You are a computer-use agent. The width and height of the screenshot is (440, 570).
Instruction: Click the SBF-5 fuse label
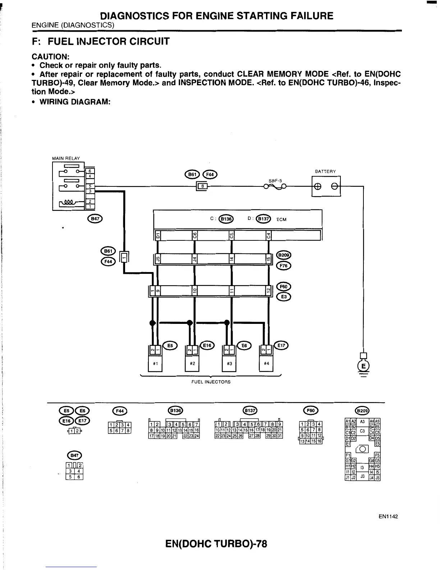pyautogui.click(x=275, y=181)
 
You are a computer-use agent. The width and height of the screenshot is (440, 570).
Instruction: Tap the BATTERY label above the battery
pyautogui.click(x=325, y=171)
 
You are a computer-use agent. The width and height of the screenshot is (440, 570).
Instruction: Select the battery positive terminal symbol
pyautogui.click(x=318, y=186)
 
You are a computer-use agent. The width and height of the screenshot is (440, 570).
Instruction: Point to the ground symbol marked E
pyautogui.click(x=364, y=366)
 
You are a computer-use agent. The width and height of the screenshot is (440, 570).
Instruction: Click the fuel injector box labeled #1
pyautogui.click(x=156, y=363)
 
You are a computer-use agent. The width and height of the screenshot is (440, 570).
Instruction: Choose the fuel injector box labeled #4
pyautogui.click(x=266, y=363)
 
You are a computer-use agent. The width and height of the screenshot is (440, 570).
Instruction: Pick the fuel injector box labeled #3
pyautogui.click(x=229, y=363)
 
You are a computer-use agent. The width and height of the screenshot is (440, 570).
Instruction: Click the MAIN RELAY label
pyautogui.click(x=66, y=158)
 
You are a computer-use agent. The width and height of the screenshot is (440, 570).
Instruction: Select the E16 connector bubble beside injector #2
pyautogui.click(x=207, y=345)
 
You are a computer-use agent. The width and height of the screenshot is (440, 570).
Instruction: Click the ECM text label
pyautogui.click(x=281, y=220)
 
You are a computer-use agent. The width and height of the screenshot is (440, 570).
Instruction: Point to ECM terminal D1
pyautogui.click(x=157, y=236)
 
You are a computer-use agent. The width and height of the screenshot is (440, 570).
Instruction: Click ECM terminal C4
pyautogui.click(x=268, y=236)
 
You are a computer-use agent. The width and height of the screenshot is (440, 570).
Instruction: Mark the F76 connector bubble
pyautogui.click(x=284, y=266)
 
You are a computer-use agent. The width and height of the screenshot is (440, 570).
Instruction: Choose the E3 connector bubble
pyautogui.click(x=284, y=297)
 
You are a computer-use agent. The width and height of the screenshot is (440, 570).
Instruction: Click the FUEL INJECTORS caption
pyautogui.click(x=211, y=382)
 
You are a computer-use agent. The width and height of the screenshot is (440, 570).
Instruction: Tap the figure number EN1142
pyautogui.click(x=388, y=517)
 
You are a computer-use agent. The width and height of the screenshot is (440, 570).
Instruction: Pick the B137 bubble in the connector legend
pyautogui.click(x=249, y=410)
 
